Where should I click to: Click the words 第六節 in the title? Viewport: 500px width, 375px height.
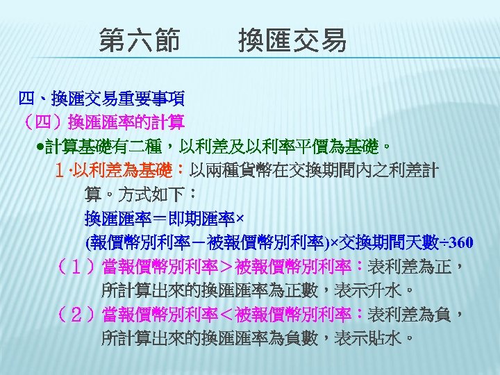tap(139, 40)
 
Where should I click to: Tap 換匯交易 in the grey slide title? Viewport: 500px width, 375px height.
tap(292, 40)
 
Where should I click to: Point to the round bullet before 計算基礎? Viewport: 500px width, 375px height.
tap(42, 148)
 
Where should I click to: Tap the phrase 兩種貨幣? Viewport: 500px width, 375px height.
tap(237, 171)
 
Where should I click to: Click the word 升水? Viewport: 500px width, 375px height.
tap(388, 291)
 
